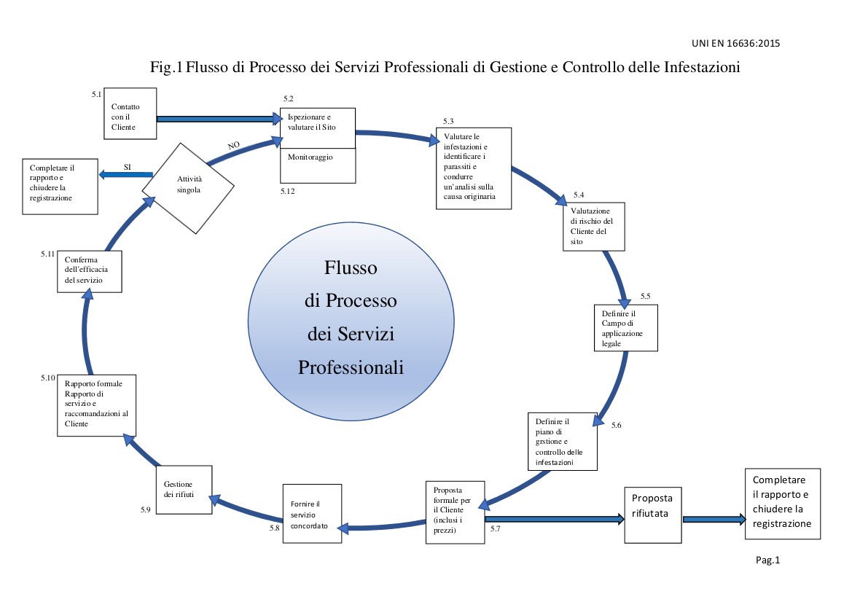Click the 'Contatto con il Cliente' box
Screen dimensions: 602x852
click(x=130, y=114)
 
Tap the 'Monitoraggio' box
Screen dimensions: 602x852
click(x=318, y=165)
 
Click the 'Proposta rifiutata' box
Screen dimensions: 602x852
click(x=654, y=515)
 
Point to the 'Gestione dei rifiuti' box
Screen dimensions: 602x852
click(x=184, y=488)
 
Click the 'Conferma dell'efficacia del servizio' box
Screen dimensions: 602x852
click(x=90, y=271)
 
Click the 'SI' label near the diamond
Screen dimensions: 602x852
click(x=128, y=166)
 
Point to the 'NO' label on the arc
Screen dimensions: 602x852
click(x=233, y=146)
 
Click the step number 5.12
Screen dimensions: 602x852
click(x=287, y=190)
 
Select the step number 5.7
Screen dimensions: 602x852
click(x=496, y=528)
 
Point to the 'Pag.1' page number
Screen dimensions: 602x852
click(x=767, y=560)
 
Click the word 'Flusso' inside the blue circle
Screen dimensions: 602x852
click(x=351, y=268)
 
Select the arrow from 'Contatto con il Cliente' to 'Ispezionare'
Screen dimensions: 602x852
click(x=219, y=118)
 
